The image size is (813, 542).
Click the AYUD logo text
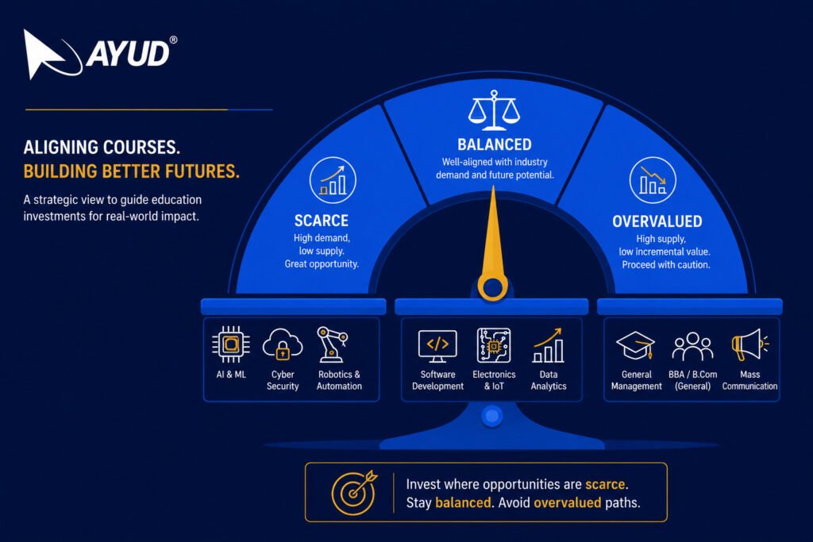(x=128, y=53)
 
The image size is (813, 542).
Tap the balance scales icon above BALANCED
(x=494, y=110)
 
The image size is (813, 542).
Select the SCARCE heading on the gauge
(x=322, y=221)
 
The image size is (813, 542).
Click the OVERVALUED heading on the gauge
(x=657, y=221)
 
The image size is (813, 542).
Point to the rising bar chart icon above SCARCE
(x=333, y=180)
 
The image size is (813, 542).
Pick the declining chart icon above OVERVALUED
(x=653, y=180)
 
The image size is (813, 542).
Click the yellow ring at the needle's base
(x=492, y=287)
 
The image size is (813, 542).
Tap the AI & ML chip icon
(x=231, y=344)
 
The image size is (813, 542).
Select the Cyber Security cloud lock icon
(x=283, y=344)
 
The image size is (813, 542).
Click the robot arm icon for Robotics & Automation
(x=332, y=344)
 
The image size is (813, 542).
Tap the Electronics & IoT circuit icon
(x=494, y=345)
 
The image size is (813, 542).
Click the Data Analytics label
(x=549, y=380)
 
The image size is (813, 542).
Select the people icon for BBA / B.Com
(x=692, y=346)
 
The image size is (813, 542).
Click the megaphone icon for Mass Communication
(x=749, y=344)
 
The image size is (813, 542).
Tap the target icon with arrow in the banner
(x=355, y=492)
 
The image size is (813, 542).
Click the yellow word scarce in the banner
(x=605, y=485)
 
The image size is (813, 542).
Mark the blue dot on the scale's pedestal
(x=492, y=416)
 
